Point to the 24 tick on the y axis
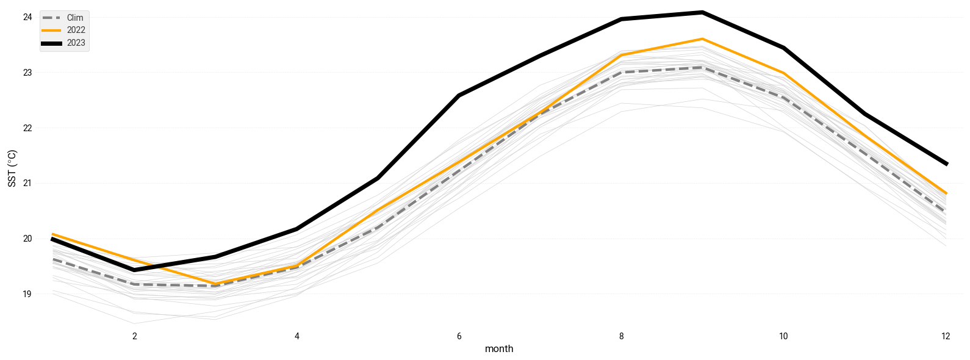click(x=27, y=17)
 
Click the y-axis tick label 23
click(x=27, y=73)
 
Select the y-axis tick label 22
click(x=27, y=128)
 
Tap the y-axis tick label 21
click(x=27, y=183)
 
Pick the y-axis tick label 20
click(x=27, y=239)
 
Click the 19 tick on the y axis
click(x=27, y=294)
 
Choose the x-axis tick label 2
click(x=135, y=336)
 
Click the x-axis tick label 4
click(x=297, y=336)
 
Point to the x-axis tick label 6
click(x=459, y=336)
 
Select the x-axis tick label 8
click(x=621, y=336)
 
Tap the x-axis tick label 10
click(x=783, y=336)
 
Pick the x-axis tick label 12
click(x=946, y=336)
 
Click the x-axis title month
click(x=499, y=349)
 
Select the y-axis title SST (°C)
click(x=12, y=168)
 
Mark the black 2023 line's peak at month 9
click(x=702, y=12)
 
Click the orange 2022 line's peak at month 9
click(x=702, y=39)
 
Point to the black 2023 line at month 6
click(x=459, y=96)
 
